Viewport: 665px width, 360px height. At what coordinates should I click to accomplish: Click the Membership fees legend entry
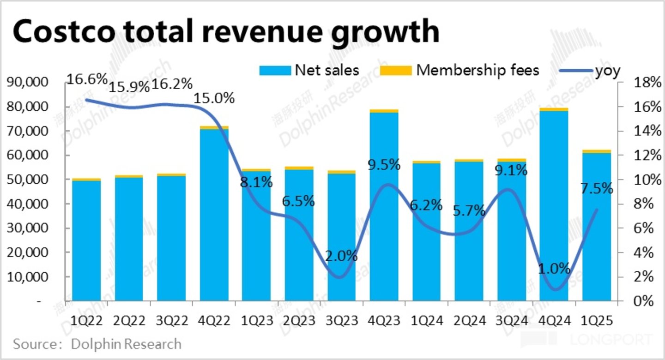pyautogui.click(x=459, y=70)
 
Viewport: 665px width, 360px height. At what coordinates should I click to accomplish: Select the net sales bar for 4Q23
pyautogui.click(x=384, y=208)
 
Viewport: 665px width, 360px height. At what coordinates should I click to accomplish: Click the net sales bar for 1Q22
pyautogui.click(x=86, y=240)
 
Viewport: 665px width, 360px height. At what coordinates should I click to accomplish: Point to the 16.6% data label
pyautogui.click(x=87, y=79)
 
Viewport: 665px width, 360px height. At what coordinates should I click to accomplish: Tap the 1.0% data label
pyautogui.click(x=554, y=269)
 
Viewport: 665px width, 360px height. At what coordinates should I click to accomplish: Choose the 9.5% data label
pyautogui.click(x=384, y=164)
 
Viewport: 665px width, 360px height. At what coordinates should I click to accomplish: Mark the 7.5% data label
pyautogui.click(x=597, y=188)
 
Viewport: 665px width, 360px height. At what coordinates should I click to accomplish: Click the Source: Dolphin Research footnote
pyautogui.click(x=97, y=344)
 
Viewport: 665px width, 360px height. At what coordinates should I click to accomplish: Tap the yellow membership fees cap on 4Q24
pyautogui.click(x=554, y=109)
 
